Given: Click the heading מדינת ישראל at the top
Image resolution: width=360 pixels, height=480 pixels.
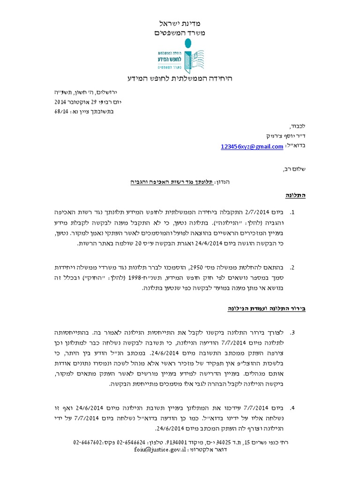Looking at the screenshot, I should [180, 23].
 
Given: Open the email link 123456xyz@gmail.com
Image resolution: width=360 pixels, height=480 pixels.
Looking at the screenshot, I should [252, 147].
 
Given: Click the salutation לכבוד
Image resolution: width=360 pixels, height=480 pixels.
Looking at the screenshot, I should [297, 127].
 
